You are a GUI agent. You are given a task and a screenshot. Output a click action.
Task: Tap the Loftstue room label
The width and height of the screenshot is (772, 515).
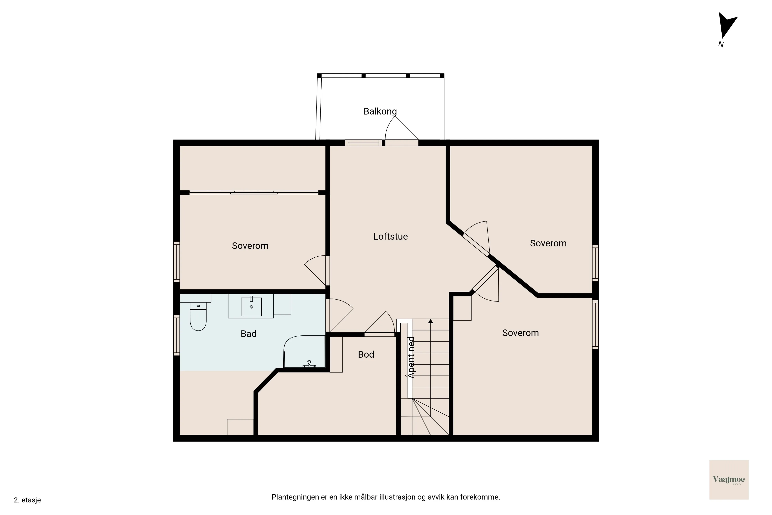pos(390,236)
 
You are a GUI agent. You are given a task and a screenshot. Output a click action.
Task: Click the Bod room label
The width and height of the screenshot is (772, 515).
pos(366,354)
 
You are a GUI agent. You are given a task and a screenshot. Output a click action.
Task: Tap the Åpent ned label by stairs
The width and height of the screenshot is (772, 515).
pos(411,357)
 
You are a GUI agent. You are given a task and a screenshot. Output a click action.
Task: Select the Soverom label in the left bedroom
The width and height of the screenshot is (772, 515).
pos(250,246)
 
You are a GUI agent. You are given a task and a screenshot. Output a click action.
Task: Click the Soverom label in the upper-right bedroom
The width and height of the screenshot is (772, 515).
pos(548,243)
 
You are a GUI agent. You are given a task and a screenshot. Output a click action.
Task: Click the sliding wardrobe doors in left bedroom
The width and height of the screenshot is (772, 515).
pos(254,193)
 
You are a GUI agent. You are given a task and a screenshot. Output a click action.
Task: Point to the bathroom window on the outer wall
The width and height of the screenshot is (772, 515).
pos(177,335)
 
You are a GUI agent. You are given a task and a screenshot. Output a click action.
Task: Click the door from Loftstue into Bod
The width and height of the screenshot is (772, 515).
pos(379,334)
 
